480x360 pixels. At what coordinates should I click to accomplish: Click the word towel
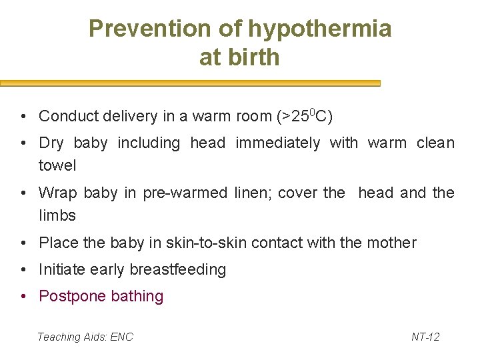pyautogui.click(x=57, y=165)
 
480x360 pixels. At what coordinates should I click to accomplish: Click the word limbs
pyautogui.click(x=57, y=215)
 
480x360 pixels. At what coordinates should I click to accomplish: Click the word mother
pyautogui.click(x=391, y=243)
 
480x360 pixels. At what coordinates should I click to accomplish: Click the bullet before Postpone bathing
pyautogui.click(x=23, y=297)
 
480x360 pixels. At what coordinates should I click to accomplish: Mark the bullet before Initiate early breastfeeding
pyautogui.click(x=23, y=270)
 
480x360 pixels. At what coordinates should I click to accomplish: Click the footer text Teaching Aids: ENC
pyautogui.click(x=85, y=337)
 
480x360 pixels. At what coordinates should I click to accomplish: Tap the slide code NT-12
pyautogui.click(x=425, y=337)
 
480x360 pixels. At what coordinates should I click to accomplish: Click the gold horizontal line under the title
pyautogui.click(x=190, y=84)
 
